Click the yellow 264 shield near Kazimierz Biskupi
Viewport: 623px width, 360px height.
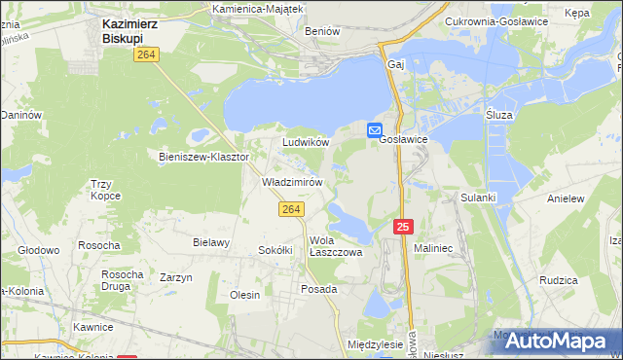147,56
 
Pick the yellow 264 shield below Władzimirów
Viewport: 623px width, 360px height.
291,209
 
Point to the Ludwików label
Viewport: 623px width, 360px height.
306,142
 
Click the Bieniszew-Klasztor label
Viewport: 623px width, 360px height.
204,156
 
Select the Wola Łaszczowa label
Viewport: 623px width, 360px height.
335,246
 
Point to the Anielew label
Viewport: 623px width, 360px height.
566,198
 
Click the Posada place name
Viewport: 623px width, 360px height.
318,289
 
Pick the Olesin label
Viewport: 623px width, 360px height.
244,295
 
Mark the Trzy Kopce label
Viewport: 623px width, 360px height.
105,190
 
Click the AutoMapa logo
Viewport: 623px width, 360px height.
551,340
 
